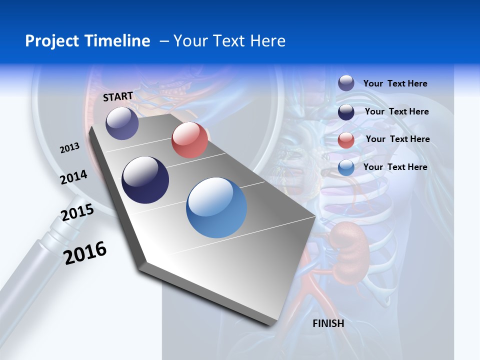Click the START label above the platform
pyautogui.click(x=118, y=96)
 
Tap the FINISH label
pyautogui.click(x=328, y=323)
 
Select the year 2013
pyautogui.click(x=70, y=148)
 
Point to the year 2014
pyautogui.click(x=74, y=177)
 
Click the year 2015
pyautogui.click(x=77, y=212)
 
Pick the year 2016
pyautogui.click(x=85, y=252)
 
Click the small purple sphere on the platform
pyautogui.click(x=122, y=123)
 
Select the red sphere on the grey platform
pyautogui.click(x=189, y=140)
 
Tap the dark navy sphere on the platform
pyautogui.click(x=145, y=180)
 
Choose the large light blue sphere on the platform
pyautogui.click(x=216, y=207)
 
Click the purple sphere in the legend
pyautogui.click(x=346, y=83)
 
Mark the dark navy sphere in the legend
pyautogui.click(x=346, y=112)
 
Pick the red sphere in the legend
pyautogui.click(x=346, y=140)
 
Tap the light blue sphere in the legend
pyautogui.click(x=346, y=167)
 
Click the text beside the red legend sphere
pyautogui.click(x=397, y=139)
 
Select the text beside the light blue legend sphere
pyautogui.click(x=395, y=167)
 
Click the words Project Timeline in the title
pyautogui.click(x=87, y=41)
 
